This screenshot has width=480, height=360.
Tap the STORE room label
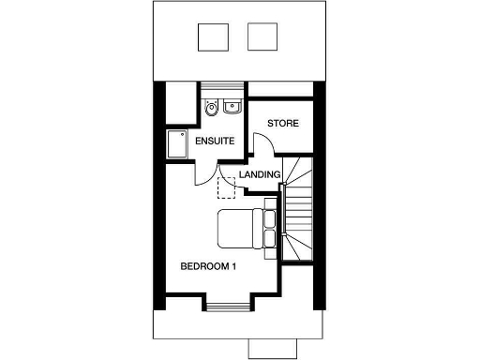pyautogui.click(x=282, y=124)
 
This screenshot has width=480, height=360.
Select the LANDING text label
pyautogui.click(x=260, y=175)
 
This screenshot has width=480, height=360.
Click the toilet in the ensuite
pyautogui.click(x=211, y=108)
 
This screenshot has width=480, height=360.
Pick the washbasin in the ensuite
pyautogui.click(x=231, y=107)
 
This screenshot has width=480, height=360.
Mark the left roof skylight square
pyautogui.click(x=211, y=37)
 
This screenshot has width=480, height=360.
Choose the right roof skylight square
pyautogui.click(x=262, y=37)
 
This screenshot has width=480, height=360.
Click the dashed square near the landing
pyautogui.click(x=227, y=187)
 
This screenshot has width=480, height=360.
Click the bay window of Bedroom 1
pyautogui.click(x=226, y=306)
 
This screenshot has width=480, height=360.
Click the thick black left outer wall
pyautogui.click(x=159, y=197)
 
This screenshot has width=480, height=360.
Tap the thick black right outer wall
pyautogui.click(x=321, y=197)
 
